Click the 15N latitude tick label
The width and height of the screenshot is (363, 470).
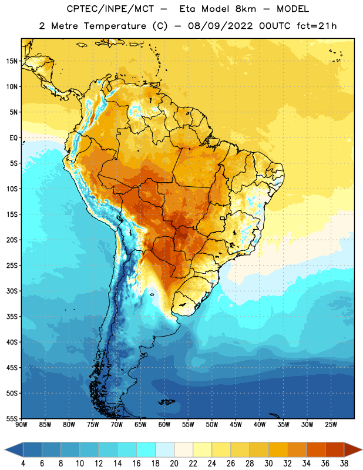(12, 61)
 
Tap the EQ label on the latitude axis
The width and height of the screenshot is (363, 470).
(14, 138)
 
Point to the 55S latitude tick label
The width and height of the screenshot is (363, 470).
(12, 418)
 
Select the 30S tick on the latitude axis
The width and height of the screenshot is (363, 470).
(12, 291)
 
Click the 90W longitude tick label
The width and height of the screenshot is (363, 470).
(21, 425)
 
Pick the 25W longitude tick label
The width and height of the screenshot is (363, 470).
(331, 425)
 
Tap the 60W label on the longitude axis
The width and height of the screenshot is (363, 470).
(164, 425)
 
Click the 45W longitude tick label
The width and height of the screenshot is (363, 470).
(236, 425)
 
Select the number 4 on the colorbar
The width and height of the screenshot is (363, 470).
(23, 464)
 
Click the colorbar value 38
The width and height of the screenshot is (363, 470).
(344, 464)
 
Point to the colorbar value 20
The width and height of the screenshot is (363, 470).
(174, 464)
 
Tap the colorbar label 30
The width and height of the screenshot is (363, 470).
(268, 464)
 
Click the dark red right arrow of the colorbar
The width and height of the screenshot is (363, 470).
(352, 449)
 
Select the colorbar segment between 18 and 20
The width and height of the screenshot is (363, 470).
(165, 449)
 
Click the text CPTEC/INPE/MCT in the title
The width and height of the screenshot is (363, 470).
(110, 9)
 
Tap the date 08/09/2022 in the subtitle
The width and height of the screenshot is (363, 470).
(220, 26)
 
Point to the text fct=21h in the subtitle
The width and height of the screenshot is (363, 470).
(317, 26)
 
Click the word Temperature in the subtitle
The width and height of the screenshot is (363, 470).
(115, 26)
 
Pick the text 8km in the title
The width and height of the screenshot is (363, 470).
(246, 9)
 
